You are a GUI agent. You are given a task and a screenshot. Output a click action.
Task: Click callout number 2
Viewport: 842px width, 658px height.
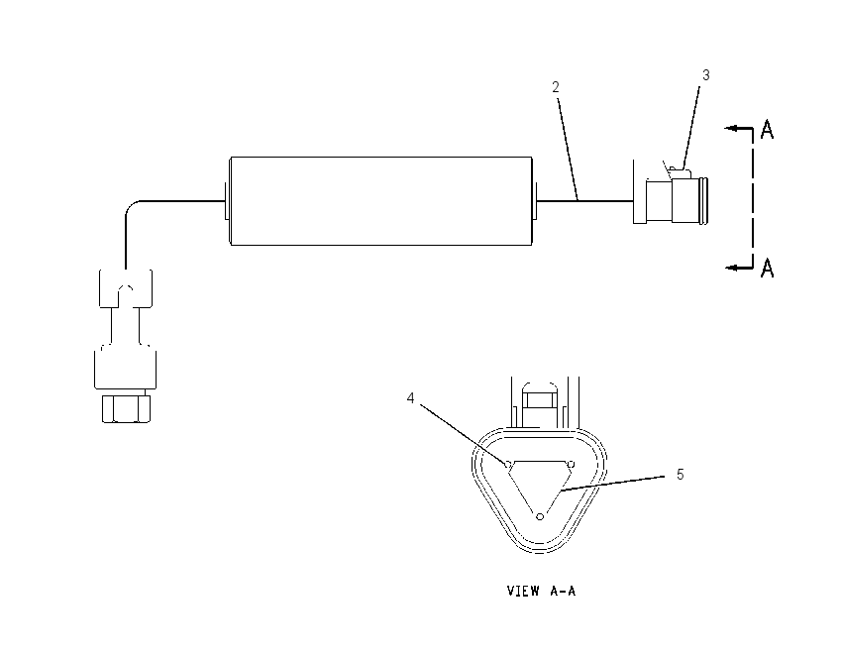[556, 87]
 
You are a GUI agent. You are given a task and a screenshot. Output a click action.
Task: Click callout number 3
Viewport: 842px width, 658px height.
[706, 75]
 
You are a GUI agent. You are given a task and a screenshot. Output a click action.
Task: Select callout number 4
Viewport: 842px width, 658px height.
[411, 398]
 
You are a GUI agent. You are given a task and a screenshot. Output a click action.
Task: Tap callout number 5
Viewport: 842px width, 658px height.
[680, 475]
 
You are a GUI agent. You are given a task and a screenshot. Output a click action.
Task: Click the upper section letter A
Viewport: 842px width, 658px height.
[768, 130]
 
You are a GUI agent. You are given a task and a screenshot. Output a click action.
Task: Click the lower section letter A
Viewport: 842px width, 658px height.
[768, 267]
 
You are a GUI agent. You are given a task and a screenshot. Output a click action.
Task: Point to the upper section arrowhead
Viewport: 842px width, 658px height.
[730, 129]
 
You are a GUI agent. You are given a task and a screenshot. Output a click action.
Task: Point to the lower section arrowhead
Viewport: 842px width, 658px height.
[731, 267]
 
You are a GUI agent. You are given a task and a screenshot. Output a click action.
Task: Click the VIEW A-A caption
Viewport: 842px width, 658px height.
[541, 591]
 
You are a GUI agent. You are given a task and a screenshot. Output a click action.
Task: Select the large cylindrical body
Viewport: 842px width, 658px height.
[381, 201]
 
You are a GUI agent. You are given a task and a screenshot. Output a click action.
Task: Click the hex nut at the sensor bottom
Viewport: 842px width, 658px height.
[126, 408]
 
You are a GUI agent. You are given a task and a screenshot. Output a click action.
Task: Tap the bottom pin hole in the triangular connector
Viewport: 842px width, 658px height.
[540, 516]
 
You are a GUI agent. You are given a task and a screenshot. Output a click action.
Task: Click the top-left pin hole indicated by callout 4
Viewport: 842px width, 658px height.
[508, 464]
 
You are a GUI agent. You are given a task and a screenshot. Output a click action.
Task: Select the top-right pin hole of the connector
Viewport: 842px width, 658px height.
[571, 464]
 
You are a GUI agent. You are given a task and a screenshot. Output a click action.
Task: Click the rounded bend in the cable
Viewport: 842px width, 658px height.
[132, 207]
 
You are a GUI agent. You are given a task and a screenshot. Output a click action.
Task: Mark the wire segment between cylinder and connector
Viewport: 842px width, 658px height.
[585, 201]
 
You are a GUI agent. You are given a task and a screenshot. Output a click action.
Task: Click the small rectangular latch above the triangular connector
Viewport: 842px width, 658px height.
[540, 399]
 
